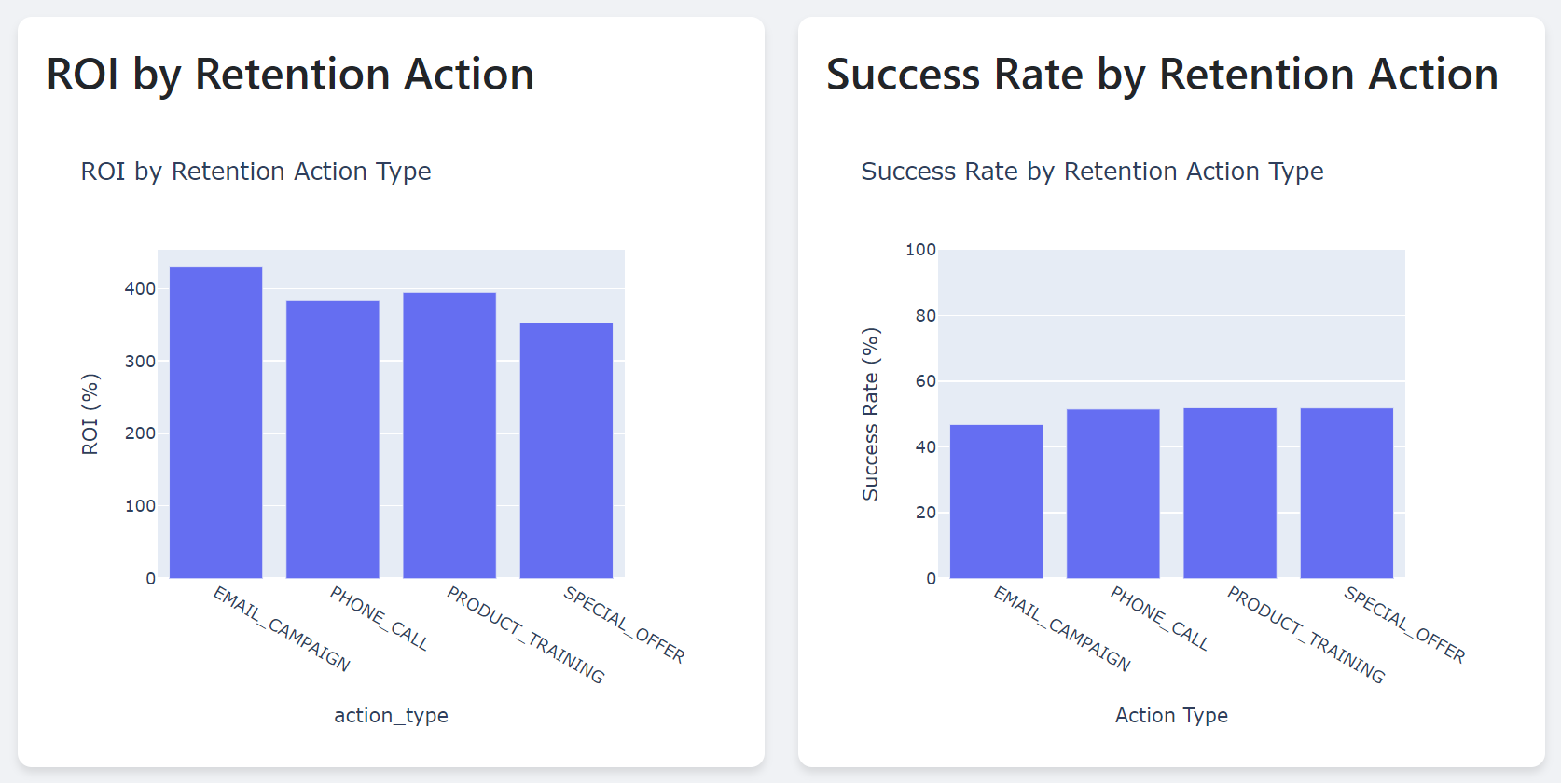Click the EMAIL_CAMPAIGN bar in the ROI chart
tap(215, 422)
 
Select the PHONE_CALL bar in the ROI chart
tap(332, 439)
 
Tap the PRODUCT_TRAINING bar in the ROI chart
tap(449, 435)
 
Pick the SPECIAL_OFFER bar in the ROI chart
tap(566, 450)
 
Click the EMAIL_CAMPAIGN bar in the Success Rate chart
tap(996, 501)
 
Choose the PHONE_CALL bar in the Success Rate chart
tap(1112, 493)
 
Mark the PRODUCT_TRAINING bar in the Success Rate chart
tap(1229, 493)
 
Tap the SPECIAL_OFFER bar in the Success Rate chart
tap(1347, 493)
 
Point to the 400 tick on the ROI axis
tap(140, 289)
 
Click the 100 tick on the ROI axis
tap(140, 506)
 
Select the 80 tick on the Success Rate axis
tap(925, 316)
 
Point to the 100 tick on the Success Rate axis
tap(920, 250)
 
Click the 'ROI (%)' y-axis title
tap(90, 414)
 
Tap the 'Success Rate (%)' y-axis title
tap(870, 414)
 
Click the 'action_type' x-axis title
tap(391, 716)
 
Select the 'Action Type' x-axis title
tap(1171, 716)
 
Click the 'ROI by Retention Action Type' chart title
tap(256, 172)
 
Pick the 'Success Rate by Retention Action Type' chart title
tap(1092, 172)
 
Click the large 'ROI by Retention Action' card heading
tap(290, 75)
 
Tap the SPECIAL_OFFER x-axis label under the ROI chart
tap(624, 625)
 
